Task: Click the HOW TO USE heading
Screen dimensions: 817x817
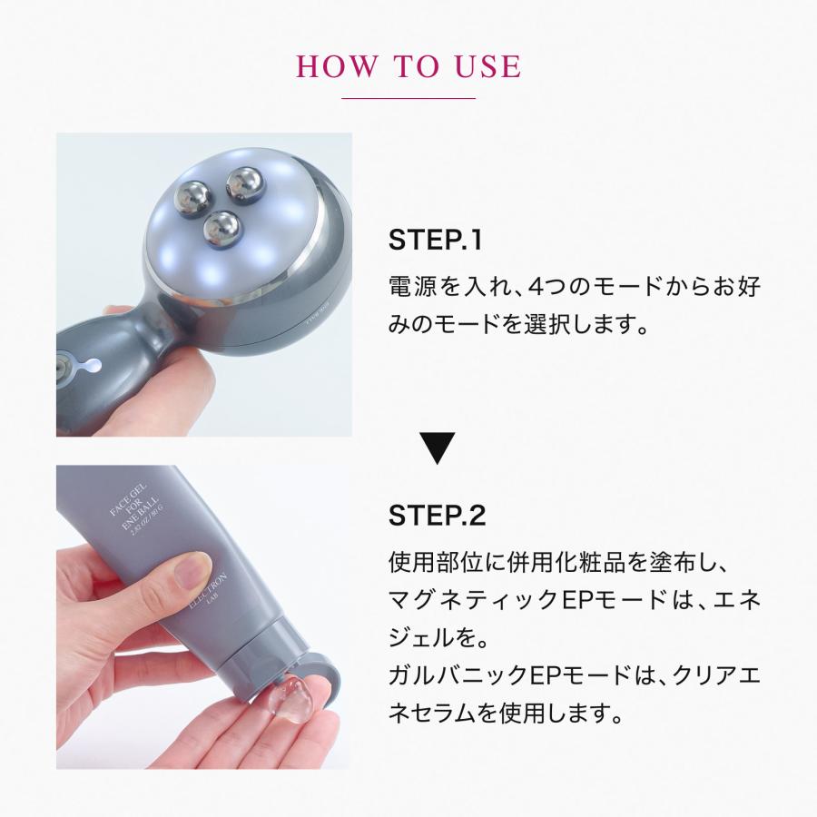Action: (x=408, y=66)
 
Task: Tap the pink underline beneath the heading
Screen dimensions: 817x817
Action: (x=408, y=98)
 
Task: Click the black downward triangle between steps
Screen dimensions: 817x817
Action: (x=438, y=448)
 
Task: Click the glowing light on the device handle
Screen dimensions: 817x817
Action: (x=89, y=366)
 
